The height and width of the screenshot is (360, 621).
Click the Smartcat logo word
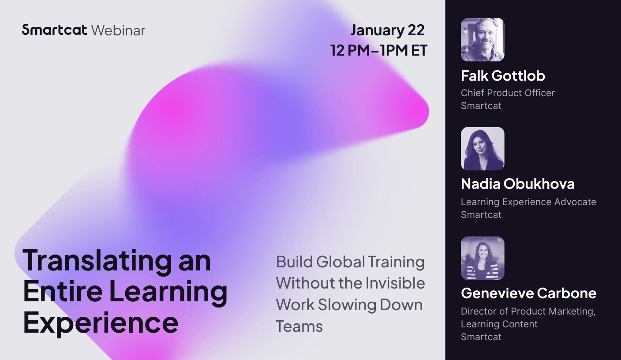coord(55,30)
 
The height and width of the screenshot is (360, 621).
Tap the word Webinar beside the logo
coord(118,30)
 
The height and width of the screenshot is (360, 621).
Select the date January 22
coord(387,30)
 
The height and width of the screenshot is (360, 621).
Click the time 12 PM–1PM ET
coord(379,50)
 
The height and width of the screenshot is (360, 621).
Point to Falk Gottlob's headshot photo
coord(483,40)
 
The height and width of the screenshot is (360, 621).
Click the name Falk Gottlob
coord(503,76)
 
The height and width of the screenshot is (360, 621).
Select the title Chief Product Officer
coord(508,93)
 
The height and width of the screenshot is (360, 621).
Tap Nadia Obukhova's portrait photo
coord(483,149)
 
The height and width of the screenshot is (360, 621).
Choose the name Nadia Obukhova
coord(517,184)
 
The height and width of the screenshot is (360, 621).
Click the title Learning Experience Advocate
coord(528,202)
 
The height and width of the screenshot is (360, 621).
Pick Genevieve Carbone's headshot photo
coord(483,258)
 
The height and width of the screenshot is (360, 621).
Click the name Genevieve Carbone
coord(528,293)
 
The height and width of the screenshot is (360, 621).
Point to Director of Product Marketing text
coord(528,311)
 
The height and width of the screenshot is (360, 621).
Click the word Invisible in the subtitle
coord(393,283)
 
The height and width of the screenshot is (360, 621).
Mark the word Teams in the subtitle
coord(299,326)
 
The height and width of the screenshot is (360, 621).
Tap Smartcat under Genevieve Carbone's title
coord(481,337)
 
